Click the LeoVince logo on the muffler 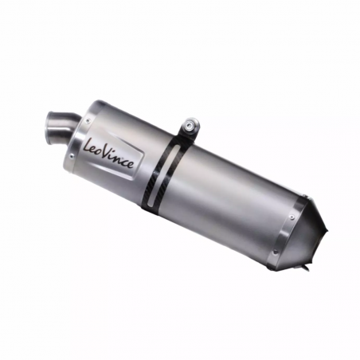click(x=111, y=151)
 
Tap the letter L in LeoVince click(x=88, y=145)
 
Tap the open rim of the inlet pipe click(x=50, y=127)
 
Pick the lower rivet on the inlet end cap click(x=71, y=156)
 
